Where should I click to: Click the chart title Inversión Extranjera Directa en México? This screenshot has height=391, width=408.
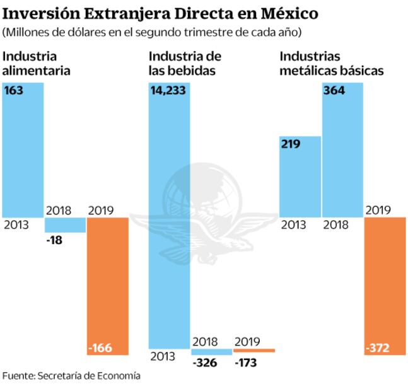[x=160, y=13]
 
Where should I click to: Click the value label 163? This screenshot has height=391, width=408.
[x=14, y=90]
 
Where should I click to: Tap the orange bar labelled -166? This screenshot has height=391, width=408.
[x=107, y=284]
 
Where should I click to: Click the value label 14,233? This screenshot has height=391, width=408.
[x=169, y=90]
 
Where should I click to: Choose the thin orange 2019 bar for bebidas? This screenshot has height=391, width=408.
[x=254, y=350]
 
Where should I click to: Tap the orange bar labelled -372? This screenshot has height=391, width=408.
[x=385, y=284]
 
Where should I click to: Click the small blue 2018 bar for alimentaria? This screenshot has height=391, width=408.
[x=65, y=225]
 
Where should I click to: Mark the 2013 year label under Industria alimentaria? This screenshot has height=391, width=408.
[x=16, y=225]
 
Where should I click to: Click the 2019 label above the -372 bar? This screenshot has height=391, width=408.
[x=378, y=209]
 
